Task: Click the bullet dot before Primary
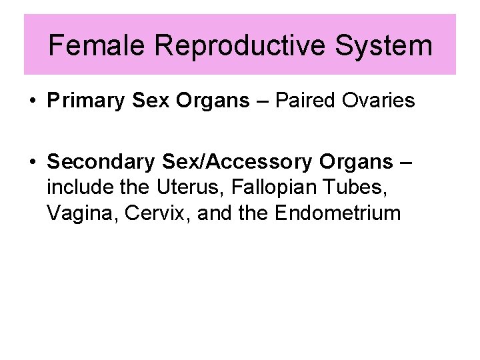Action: click(32, 102)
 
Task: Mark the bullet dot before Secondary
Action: click(32, 163)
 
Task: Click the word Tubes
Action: click(354, 188)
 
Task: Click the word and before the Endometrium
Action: click(203, 214)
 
